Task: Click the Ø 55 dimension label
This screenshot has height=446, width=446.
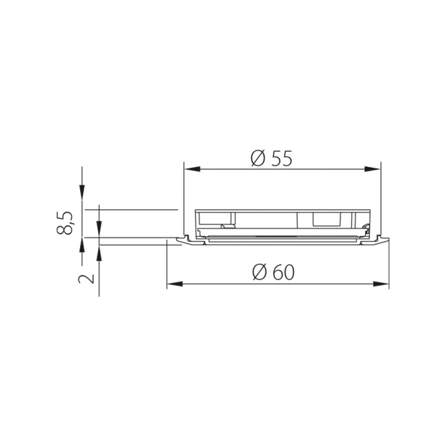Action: click(x=272, y=159)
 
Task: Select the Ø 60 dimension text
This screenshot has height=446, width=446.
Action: click(x=273, y=273)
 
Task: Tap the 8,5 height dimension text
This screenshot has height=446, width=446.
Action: click(x=67, y=222)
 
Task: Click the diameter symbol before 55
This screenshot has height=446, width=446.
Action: click(x=258, y=159)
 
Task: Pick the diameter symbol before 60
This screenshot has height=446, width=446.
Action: click(x=259, y=273)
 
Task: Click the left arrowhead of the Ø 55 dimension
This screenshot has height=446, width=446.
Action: click(x=190, y=169)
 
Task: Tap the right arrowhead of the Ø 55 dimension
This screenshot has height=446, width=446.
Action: click(x=375, y=169)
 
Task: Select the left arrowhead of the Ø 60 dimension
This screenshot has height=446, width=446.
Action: click(x=173, y=284)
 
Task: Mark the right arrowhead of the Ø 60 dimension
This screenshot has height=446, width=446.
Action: click(x=383, y=284)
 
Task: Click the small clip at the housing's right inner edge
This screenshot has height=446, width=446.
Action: click(x=365, y=227)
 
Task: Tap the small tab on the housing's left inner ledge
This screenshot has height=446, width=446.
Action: click(x=226, y=226)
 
